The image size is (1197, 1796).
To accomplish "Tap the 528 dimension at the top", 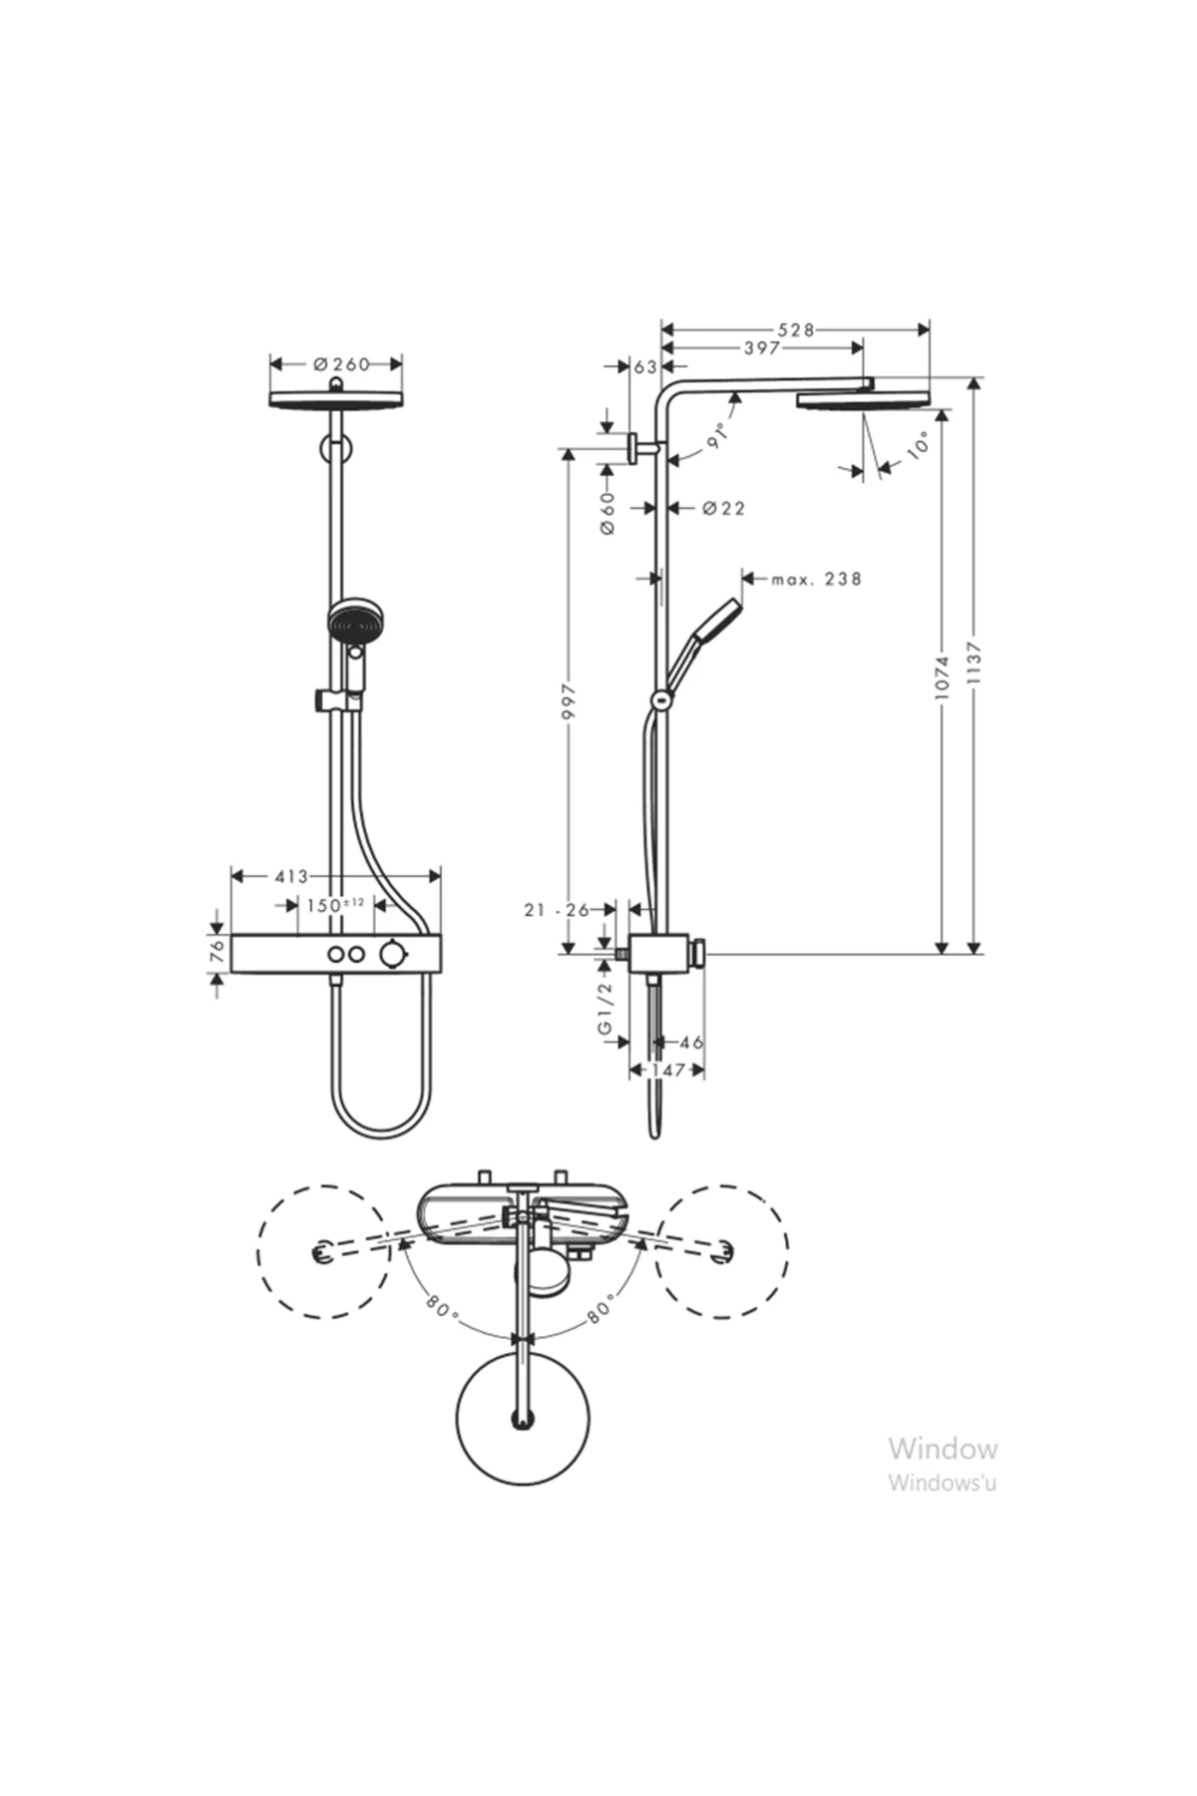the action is (x=796, y=330).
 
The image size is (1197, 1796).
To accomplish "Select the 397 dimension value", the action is (x=762, y=348).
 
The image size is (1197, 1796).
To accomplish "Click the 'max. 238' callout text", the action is (x=816, y=579).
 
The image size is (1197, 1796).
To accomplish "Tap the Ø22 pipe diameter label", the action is (x=723, y=509).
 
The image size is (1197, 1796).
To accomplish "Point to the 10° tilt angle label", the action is (x=918, y=445).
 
